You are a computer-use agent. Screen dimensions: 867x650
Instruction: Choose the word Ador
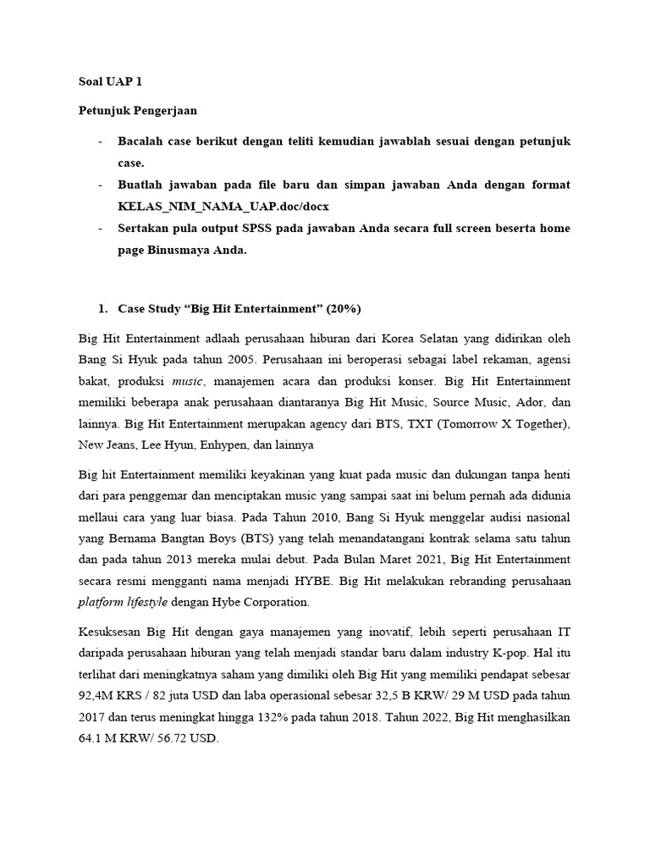[529, 402]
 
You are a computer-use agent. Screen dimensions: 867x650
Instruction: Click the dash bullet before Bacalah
[102, 141]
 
